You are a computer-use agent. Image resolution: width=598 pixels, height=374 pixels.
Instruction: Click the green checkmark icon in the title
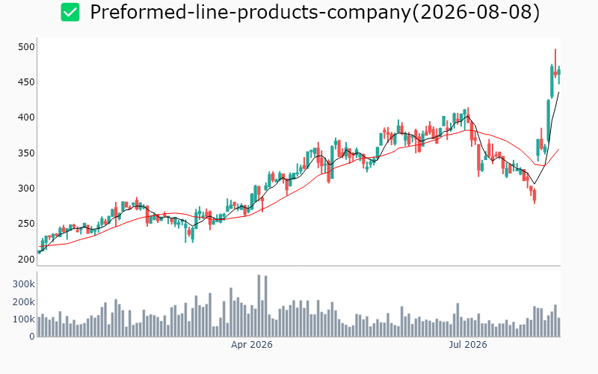[70, 12]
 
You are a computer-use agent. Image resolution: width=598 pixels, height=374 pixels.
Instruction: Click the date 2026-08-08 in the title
[476, 12]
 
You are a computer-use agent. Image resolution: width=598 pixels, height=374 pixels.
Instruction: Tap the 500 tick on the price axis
[26, 47]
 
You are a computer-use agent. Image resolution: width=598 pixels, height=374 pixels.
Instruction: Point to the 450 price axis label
[26, 82]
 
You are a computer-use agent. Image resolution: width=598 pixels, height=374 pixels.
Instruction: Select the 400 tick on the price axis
[26, 117]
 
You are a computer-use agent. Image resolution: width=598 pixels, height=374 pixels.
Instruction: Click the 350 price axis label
[26, 153]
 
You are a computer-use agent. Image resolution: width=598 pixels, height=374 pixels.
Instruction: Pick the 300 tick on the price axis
[26, 188]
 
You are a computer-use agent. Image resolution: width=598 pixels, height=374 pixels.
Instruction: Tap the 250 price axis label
[26, 223]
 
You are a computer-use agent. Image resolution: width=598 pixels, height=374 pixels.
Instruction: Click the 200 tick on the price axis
[26, 259]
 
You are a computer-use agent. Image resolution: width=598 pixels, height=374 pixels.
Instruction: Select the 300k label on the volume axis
[24, 284]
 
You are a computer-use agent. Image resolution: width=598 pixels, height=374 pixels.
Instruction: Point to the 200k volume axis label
[24, 302]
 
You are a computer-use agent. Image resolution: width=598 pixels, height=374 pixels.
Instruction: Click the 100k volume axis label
[24, 319]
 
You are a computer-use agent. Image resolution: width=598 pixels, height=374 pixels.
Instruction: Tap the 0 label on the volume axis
[32, 337]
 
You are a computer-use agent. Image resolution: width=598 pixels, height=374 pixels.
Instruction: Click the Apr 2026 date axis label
[252, 345]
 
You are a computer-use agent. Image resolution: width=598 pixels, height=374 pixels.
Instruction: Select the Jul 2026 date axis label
[468, 345]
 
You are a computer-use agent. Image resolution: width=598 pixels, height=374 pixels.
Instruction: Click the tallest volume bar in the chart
[259, 306]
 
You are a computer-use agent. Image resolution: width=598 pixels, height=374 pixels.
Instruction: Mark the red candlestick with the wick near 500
[555, 64]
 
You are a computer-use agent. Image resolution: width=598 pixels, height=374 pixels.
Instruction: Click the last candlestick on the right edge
[559, 75]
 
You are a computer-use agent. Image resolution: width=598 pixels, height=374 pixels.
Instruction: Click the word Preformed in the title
[138, 12]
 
